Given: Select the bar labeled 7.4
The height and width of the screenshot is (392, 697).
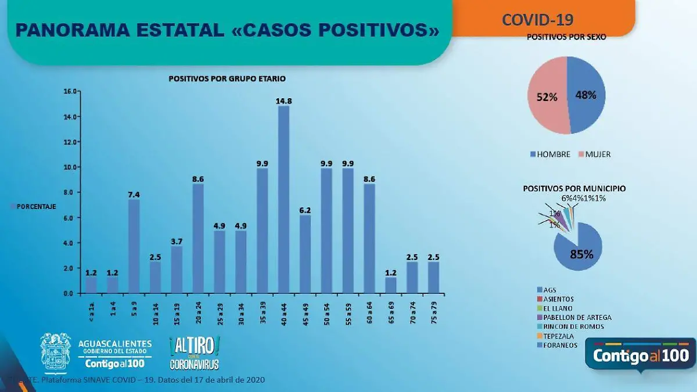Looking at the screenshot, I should [134, 246].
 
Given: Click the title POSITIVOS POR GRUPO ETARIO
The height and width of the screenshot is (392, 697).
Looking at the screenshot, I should [227, 78].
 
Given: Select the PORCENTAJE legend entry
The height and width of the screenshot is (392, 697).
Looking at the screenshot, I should [35, 206].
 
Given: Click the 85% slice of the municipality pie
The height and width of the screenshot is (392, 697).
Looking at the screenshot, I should [581, 250].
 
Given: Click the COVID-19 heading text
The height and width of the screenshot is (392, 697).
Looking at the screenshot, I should [537, 20].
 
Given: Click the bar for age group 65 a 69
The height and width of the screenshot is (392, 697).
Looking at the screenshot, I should [390, 285].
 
